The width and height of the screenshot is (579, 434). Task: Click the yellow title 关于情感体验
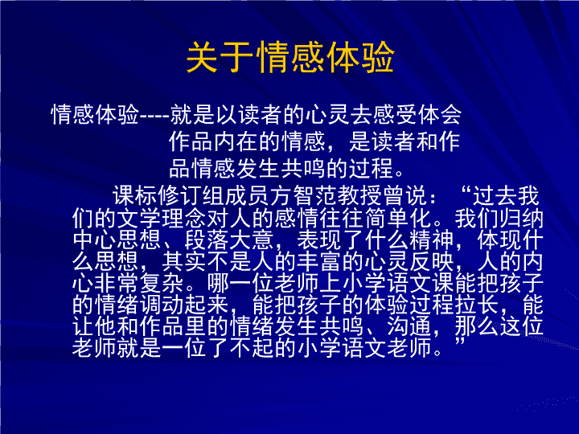point(290,57)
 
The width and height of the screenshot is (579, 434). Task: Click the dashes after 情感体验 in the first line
point(154,115)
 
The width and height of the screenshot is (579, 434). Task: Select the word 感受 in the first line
point(394,114)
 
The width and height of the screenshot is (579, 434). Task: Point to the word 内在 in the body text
point(236,141)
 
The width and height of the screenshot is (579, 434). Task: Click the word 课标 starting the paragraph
point(135,195)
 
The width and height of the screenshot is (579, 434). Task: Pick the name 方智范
point(303,195)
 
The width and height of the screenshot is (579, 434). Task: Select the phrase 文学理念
point(162,219)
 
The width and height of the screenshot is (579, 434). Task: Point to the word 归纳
point(521,219)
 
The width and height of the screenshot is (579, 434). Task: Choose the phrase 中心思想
point(117,240)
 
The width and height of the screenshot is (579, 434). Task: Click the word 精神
point(431,240)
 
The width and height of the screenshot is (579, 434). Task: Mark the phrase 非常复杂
point(139,283)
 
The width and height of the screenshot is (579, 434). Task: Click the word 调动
point(162,304)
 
